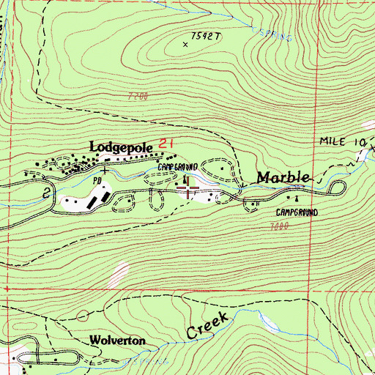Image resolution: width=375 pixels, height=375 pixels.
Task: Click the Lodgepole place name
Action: click(121, 147)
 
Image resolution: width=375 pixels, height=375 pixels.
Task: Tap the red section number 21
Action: click(166, 146)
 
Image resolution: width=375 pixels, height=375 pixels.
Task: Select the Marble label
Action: click(283, 178)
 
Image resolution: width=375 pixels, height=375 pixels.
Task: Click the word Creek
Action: click(208, 325)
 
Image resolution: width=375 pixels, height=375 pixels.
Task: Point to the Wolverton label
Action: click(114, 341)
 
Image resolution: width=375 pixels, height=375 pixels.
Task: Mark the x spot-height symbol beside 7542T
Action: click(185, 45)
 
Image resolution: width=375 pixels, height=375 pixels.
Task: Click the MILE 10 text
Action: click(338, 139)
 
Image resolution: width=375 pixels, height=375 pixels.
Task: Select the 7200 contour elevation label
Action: click(137, 96)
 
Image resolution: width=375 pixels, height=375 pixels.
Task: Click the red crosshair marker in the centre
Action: click(190, 190)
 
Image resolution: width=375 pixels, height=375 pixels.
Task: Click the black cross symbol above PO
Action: click(105, 170)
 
